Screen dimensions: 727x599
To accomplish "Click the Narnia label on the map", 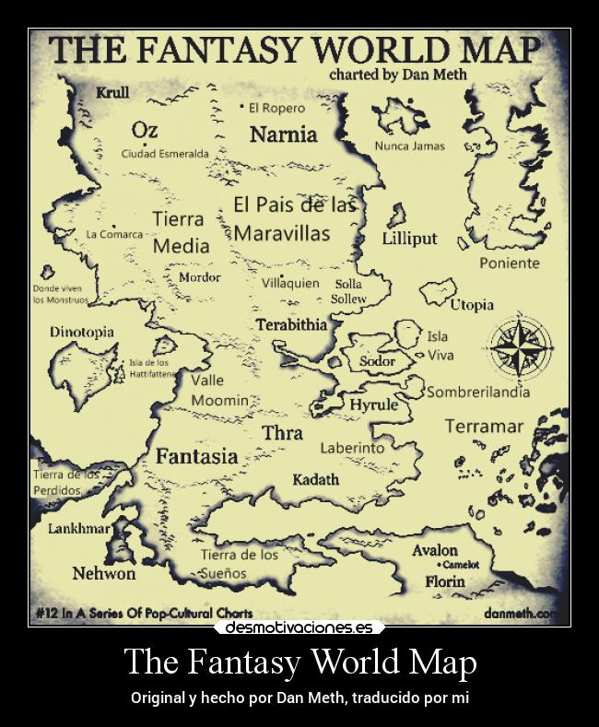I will [x=283, y=135].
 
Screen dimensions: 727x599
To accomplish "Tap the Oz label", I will [x=145, y=130].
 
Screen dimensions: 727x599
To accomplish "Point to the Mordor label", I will [x=199, y=277].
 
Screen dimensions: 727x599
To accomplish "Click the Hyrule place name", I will [x=373, y=405].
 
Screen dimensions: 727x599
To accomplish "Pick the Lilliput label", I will [x=409, y=239].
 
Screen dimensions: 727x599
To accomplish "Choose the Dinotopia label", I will [x=82, y=332].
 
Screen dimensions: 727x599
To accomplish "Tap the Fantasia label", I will [x=196, y=456].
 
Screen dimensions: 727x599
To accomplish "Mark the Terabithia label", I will [x=291, y=325].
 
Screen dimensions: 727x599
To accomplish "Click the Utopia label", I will [x=472, y=304].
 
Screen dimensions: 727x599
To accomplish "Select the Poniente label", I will [x=510, y=264].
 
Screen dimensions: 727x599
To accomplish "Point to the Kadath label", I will [x=315, y=479].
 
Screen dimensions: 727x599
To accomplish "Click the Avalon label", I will [x=434, y=550].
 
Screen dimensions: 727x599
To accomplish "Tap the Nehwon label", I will [x=104, y=573].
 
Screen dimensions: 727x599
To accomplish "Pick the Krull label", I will [x=112, y=92].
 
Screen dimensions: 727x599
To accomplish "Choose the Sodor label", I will [x=377, y=361].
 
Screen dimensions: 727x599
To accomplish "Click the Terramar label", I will [x=484, y=427].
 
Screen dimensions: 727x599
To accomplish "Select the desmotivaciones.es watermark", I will [x=299, y=627].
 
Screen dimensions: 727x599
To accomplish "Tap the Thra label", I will [x=282, y=432].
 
